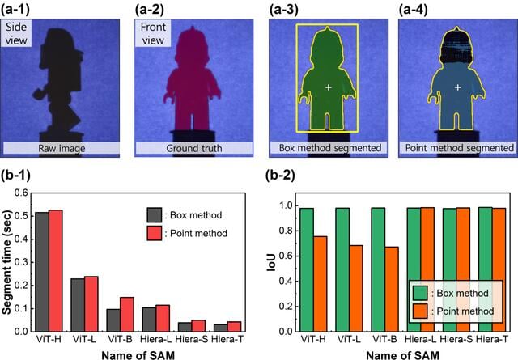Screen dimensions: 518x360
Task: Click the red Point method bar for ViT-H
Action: (x=56, y=270)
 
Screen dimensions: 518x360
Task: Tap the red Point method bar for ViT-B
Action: (x=127, y=315)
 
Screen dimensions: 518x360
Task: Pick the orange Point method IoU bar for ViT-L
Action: (x=356, y=288)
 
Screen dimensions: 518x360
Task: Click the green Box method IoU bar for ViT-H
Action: (x=307, y=270)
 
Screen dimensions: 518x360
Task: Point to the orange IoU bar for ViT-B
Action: (x=392, y=289)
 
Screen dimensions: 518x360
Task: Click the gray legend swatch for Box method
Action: (x=155, y=215)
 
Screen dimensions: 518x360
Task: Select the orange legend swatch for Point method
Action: (x=420, y=311)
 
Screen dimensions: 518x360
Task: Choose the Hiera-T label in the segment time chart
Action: (x=227, y=339)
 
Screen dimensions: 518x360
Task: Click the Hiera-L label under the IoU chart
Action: (x=420, y=339)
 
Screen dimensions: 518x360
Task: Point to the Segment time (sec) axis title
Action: (x=6, y=262)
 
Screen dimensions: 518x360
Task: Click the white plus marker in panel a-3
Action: (x=329, y=87)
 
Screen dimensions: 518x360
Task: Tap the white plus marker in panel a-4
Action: (x=457, y=87)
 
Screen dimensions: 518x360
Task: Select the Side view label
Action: (x=16, y=33)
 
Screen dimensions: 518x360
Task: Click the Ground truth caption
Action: (x=194, y=148)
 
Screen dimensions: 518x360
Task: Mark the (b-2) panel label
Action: (x=280, y=175)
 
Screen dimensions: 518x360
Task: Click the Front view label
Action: (x=153, y=33)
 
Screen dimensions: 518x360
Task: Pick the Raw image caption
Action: (x=62, y=148)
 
